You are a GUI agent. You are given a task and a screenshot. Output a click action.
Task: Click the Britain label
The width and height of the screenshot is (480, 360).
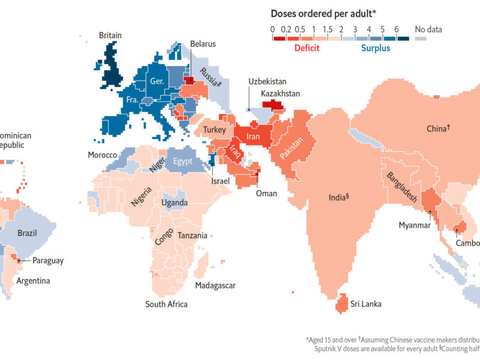point(110,35)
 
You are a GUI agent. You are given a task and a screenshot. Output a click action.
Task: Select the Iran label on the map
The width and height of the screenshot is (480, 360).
point(253,137)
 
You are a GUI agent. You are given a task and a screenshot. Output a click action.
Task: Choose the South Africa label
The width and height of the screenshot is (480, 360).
point(166,304)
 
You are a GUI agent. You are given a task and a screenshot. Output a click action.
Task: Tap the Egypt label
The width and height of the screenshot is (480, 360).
point(183,161)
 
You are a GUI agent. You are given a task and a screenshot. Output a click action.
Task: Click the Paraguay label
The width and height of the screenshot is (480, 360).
point(47,260)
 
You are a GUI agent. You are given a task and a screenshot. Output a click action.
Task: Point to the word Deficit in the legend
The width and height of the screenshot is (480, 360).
point(305,48)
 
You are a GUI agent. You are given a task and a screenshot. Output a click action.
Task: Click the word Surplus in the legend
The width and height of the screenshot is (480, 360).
point(375,48)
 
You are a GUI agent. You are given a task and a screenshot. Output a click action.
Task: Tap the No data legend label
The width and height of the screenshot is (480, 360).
point(428,28)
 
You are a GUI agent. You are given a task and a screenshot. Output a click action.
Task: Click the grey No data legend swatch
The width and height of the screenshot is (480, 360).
point(421,38)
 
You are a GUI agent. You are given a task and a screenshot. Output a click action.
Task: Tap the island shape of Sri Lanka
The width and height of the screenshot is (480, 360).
point(341,303)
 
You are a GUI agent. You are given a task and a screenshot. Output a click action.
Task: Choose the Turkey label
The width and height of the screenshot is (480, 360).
point(214,130)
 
